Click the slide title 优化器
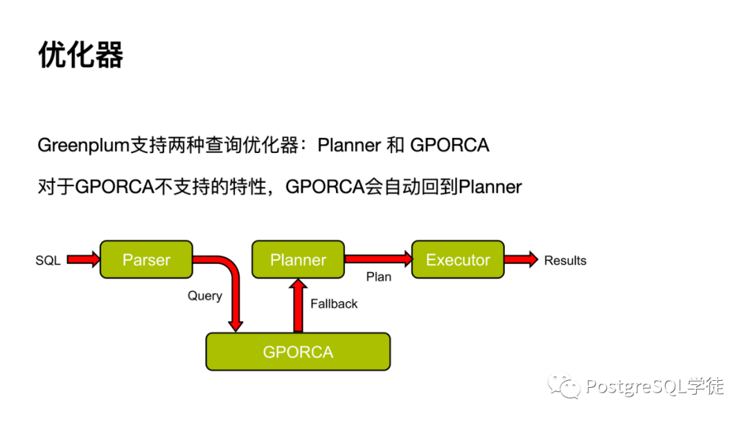click(x=81, y=55)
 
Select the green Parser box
click(x=146, y=260)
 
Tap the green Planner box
click(x=298, y=260)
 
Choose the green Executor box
click(x=458, y=260)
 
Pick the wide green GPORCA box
click(x=298, y=352)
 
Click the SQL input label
click(x=48, y=260)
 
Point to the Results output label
click(x=565, y=260)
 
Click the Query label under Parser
click(x=205, y=296)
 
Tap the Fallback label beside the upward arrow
click(x=334, y=303)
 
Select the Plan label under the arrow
click(x=379, y=277)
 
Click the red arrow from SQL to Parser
click(x=83, y=260)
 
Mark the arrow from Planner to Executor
click(x=378, y=259)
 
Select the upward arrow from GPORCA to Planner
click(x=299, y=305)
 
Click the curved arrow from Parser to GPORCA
click(x=233, y=284)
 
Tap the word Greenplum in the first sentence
click(x=84, y=145)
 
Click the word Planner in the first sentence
click(x=349, y=145)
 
